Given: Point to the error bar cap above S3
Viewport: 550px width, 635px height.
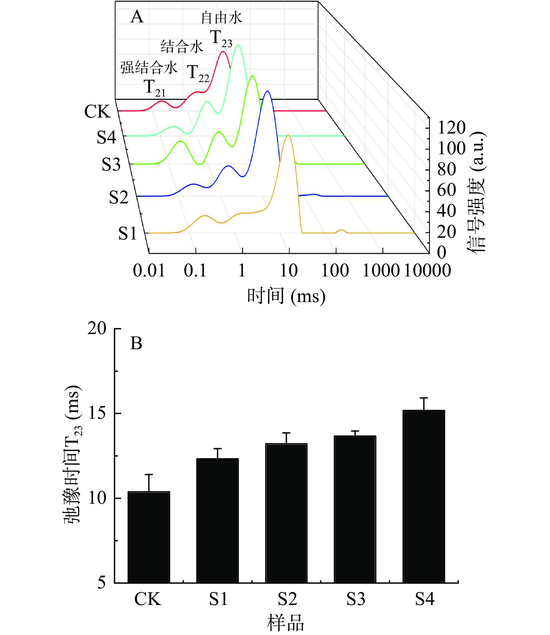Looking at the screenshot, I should click(355, 431).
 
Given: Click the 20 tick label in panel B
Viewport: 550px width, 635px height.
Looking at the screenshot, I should click(97, 329).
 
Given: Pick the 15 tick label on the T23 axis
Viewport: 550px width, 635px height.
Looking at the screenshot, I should click(97, 413).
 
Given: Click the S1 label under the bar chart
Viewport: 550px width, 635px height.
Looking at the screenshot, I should click(218, 599).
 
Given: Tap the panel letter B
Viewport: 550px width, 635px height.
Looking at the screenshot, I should click(136, 343).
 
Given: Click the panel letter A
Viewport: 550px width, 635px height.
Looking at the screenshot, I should click(137, 17).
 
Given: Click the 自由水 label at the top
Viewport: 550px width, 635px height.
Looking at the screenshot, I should click(221, 18).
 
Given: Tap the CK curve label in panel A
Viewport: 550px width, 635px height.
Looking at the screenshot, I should click(97, 112).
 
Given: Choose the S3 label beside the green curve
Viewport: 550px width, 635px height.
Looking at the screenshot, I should click(111, 165).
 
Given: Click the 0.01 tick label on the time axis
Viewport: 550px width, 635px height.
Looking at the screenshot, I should click(149, 271).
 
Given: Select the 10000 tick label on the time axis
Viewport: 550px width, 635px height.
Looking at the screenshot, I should click(427, 271).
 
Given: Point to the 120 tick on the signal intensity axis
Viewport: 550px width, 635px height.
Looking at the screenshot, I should click(451, 128).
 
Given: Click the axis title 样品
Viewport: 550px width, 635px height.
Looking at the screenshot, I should click(285, 623).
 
